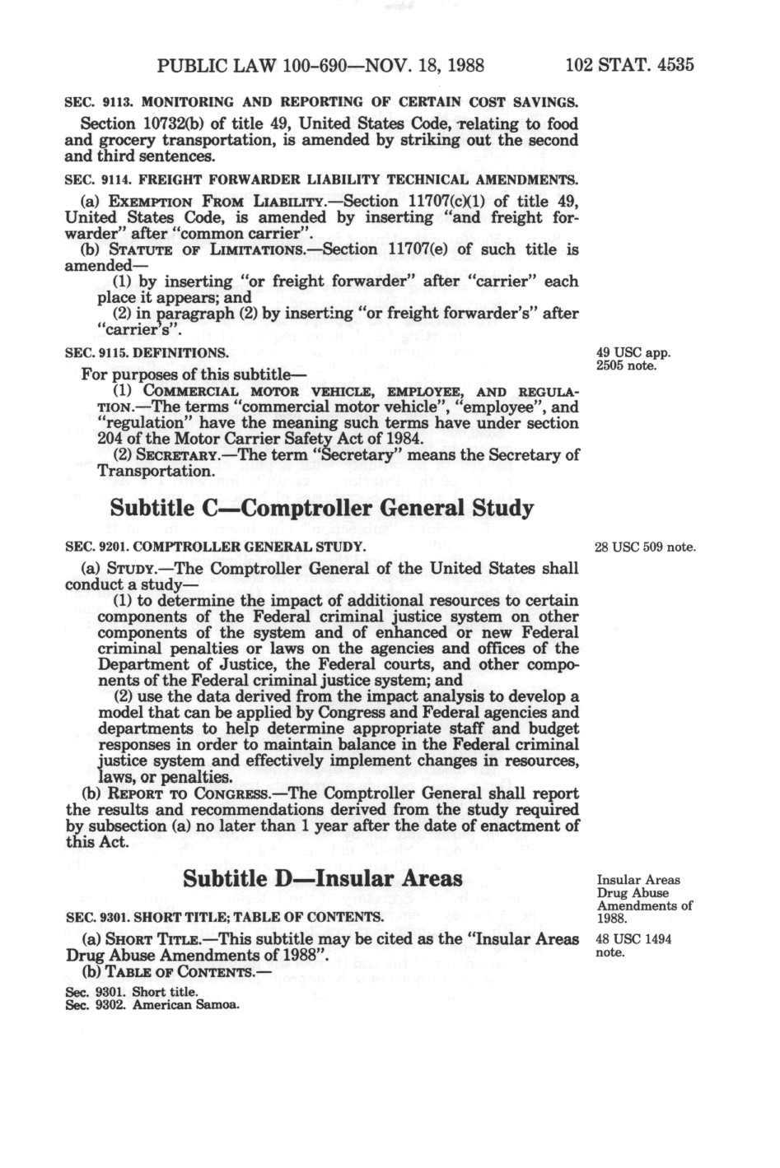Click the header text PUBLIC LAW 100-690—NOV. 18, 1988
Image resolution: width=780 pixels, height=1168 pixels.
click(320, 65)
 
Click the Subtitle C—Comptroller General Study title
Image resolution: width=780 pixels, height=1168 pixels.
click(321, 508)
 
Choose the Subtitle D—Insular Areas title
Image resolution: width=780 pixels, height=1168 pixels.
click(322, 878)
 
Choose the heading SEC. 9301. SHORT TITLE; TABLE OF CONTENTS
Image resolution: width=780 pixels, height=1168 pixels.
click(224, 916)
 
